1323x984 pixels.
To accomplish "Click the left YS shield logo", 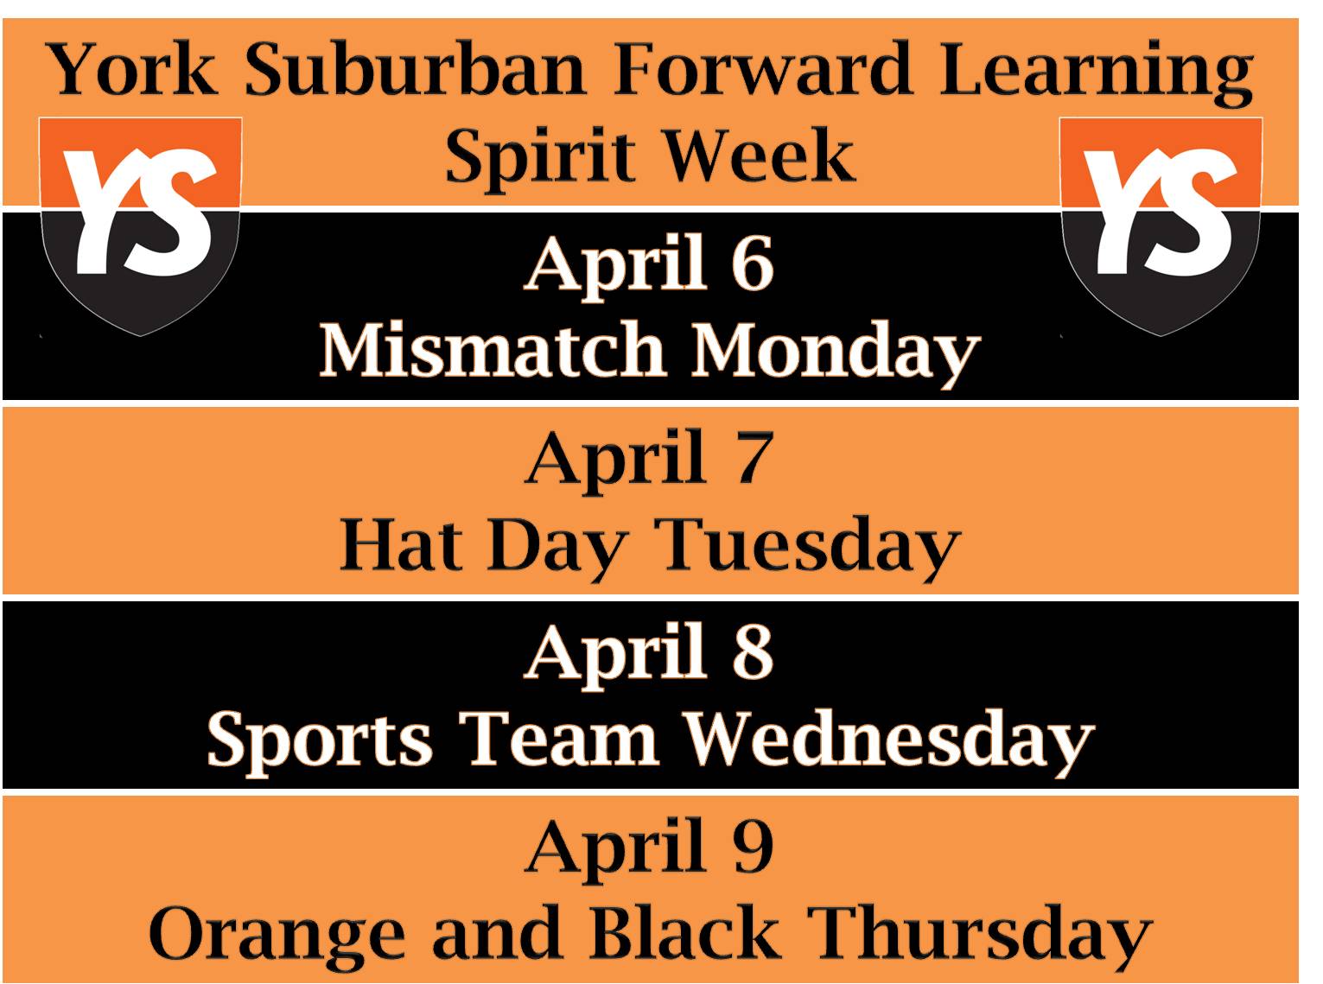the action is (x=141, y=226).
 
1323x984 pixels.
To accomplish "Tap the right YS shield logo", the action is (x=1161, y=226).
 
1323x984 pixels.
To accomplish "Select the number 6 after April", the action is (x=753, y=263).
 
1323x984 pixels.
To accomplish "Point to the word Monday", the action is (x=835, y=354).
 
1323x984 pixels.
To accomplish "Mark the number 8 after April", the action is (x=753, y=651).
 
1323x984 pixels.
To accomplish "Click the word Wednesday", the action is (x=888, y=743).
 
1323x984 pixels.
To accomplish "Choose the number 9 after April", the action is (x=753, y=846).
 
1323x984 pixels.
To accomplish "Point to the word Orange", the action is (x=277, y=937).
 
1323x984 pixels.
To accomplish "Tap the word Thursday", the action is (x=979, y=937).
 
